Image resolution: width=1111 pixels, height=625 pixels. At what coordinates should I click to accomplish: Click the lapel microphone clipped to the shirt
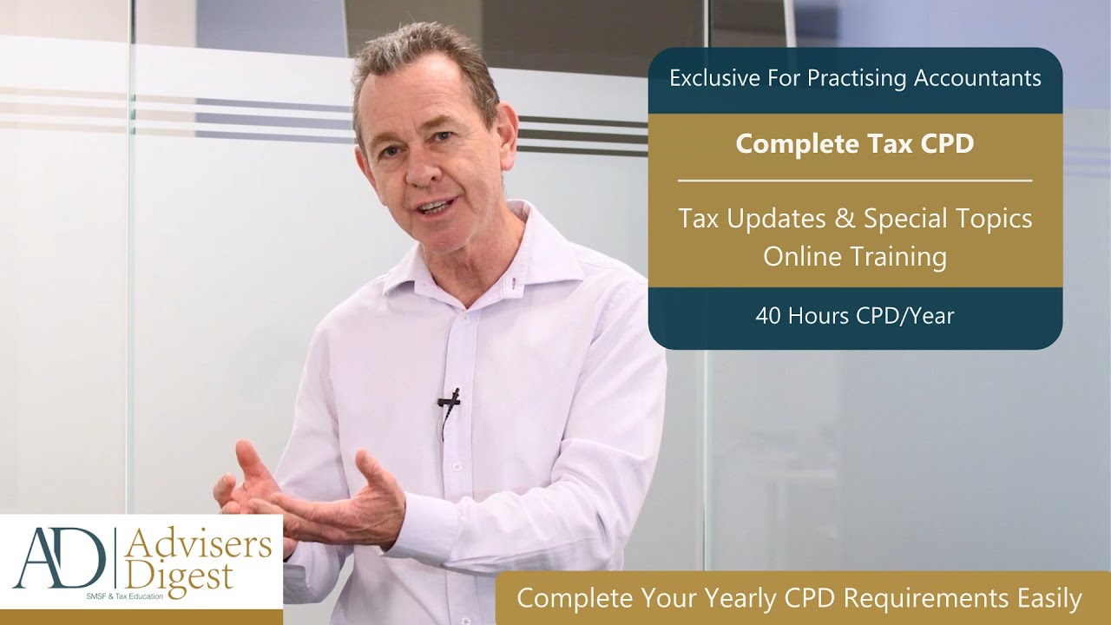[x=449, y=400]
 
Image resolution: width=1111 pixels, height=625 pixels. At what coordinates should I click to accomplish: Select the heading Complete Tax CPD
[x=855, y=143]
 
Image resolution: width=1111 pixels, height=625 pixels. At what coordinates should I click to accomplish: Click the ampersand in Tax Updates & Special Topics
[x=842, y=218]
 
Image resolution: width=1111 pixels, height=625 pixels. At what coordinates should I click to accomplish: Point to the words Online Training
[x=855, y=257]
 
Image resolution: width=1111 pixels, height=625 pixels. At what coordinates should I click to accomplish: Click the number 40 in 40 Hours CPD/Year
[x=767, y=316]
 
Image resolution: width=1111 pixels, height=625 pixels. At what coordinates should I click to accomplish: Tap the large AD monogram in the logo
[x=61, y=559]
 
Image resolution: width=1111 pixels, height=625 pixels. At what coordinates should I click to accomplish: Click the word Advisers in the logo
[x=198, y=545]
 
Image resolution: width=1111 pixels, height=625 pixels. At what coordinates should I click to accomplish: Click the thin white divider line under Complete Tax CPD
[x=855, y=181]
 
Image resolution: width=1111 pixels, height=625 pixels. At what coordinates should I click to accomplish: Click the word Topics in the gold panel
[x=989, y=218]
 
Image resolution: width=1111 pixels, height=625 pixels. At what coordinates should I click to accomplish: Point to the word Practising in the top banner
[x=858, y=78]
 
